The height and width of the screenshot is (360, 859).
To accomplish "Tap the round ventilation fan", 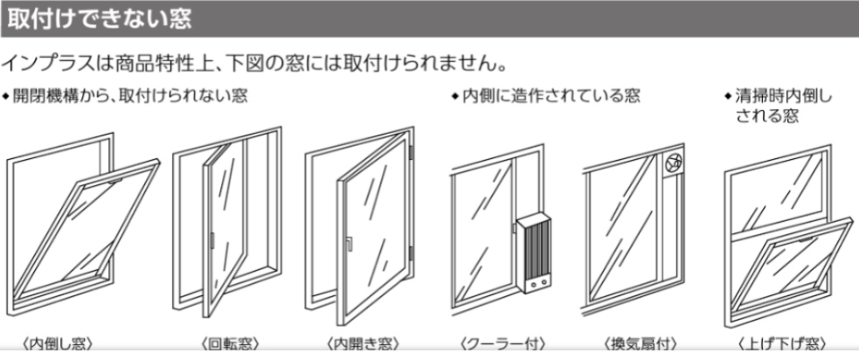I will coord(674,163).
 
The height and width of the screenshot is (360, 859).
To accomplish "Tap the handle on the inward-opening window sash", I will coord(347,246).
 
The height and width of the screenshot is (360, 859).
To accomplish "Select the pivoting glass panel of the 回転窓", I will coord(225,227).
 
